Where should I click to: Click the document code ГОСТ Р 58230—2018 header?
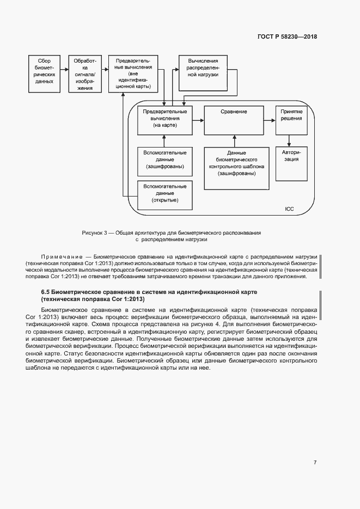pos(287,37)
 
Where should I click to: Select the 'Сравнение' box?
pos(234,119)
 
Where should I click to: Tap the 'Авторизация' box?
pos(291,163)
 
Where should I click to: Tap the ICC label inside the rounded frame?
pos(289,209)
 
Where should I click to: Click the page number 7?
pos(315,462)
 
